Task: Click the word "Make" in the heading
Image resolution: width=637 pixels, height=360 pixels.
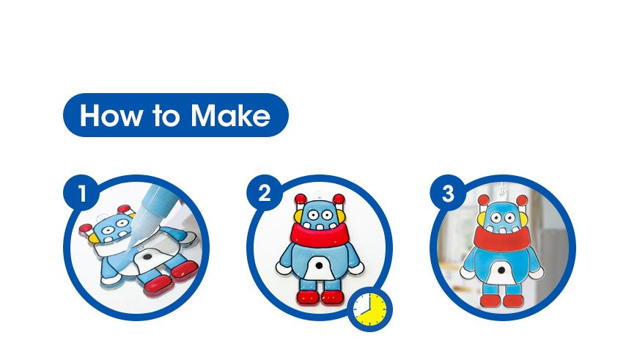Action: (230, 115)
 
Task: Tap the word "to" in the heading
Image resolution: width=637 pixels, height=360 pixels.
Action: (166, 116)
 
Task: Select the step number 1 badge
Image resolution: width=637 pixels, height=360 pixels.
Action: (81, 193)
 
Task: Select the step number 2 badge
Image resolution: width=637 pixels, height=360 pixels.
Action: (265, 193)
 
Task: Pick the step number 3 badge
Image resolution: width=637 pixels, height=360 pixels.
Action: (448, 193)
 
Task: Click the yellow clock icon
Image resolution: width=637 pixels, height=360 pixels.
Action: (369, 309)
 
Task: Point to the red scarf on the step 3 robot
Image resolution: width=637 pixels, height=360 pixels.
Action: (502, 238)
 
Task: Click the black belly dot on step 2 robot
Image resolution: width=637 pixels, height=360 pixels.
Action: (320, 265)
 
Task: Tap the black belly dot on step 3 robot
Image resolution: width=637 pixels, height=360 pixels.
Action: (502, 270)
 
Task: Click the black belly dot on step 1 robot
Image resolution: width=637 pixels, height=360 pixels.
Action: (147, 257)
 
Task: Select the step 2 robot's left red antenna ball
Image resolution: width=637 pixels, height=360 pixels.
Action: (301, 199)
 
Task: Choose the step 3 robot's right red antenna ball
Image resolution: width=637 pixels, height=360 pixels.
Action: (522, 200)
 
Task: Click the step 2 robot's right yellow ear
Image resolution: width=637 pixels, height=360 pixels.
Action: (343, 216)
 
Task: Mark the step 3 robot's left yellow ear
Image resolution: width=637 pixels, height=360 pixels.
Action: (482, 220)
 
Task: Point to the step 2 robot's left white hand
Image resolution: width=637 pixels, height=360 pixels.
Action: (282, 268)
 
